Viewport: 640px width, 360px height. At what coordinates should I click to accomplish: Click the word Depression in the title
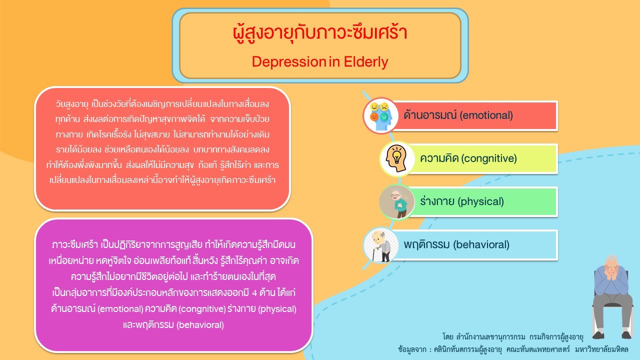(289, 61)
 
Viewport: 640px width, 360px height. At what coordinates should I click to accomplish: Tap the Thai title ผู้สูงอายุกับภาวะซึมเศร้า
(320, 33)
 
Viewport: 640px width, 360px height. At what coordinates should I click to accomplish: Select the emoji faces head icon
(380, 115)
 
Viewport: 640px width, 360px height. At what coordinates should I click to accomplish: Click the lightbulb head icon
(397, 158)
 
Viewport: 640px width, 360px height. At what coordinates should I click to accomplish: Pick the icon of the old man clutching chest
(397, 201)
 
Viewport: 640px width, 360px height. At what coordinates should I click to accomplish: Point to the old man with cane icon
(380, 245)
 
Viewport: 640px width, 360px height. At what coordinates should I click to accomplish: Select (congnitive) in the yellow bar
(489, 158)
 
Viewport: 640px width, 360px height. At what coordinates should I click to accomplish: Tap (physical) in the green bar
(481, 201)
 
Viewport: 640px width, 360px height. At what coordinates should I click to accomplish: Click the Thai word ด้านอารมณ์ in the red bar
(430, 115)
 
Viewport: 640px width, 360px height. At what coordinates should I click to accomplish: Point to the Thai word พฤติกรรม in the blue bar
(427, 245)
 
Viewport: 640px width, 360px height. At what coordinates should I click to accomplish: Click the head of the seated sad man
(611, 265)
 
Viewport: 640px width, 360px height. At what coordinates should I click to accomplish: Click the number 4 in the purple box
(254, 293)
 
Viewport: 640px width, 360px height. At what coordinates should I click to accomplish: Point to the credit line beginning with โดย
(512, 337)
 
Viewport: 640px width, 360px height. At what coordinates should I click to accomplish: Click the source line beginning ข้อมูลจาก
(513, 349)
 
